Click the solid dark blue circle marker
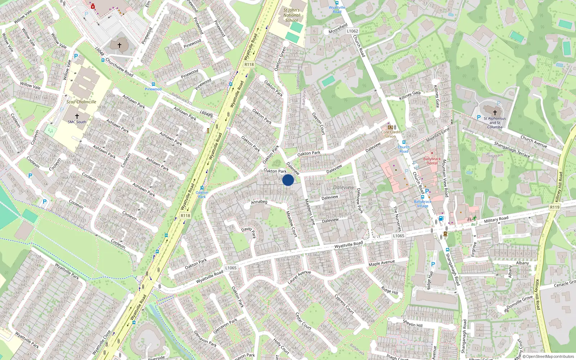tap(288, 180)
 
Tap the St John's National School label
tap(291, 15)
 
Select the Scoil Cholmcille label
tap(81, 102)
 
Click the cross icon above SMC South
tap(77, 116)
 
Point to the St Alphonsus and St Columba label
tap(495, 122)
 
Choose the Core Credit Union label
tap(390, 134)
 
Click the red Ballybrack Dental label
tap(432, 161)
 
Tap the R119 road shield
tap(555, 207)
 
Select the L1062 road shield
tap(352, 31)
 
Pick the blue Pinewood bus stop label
tap(153, 89)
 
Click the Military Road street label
tap(496, 219)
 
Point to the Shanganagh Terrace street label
tap(512, 149)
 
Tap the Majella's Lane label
tap(438, 135)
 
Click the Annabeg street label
tap(259, 202)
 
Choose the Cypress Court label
tap(344, 304)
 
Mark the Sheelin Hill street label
tap(413, 323)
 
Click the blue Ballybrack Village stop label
tap(423, 204)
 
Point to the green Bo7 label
tap(474, 224)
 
